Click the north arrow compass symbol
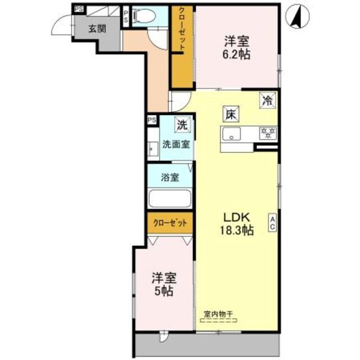click(296, 16)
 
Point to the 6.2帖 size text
click(237, 55)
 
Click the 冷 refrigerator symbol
click(267, 101)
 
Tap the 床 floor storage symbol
click(230, 114)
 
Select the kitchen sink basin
click(231, 135)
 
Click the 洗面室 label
click(175, 143)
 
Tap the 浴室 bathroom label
click(170, 178)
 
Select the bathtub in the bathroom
click(170, 200)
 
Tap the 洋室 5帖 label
click(164, 285)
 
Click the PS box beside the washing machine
click(151, 120)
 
